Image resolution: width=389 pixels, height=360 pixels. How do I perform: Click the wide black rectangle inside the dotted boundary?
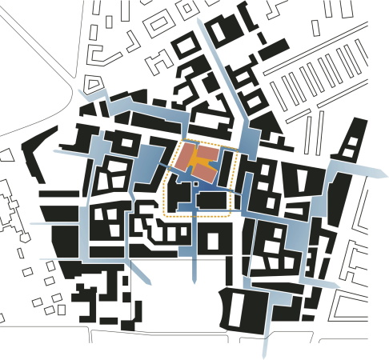pyautogui.click(x=211, y=201)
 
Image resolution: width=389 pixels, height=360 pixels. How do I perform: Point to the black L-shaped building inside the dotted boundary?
pyautogui.click(x=181, y=200)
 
